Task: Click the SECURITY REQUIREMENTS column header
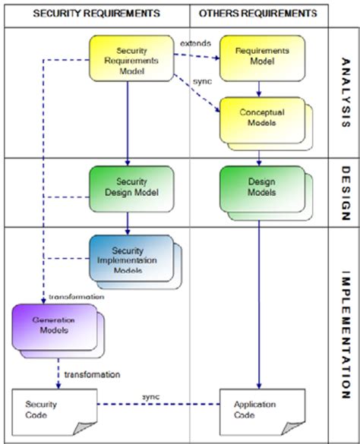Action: (96, 14)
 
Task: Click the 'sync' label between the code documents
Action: (150, 397)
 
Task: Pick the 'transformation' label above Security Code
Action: (91, 374)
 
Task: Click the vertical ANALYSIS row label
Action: (345, 93)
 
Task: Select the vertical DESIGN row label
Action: (345, 191)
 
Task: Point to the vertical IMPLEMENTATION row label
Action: (345, 334)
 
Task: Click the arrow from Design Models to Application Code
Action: (260, 304)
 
